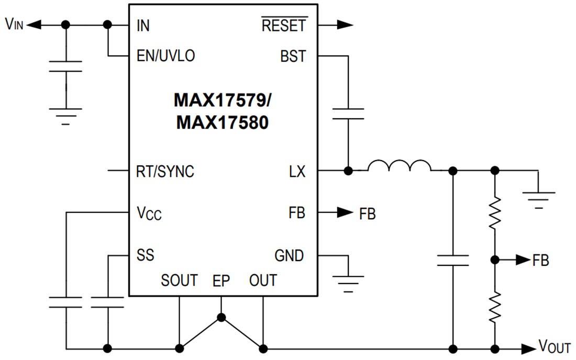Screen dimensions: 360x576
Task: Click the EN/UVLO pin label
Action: pyautogui.click(x=165, y=56)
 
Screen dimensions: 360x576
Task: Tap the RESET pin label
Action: pyautogui.click(x=284, y=25)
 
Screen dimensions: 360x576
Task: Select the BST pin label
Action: pyautogui.click(x=293, y=56)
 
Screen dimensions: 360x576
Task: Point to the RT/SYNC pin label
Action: pyautogui.click(x=164, y=171)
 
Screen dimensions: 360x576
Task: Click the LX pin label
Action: pyautogui.click(x=296, y=171)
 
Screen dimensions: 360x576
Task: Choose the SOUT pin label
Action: pyautogui.click(x=179, y=280)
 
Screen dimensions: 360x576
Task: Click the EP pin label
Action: pyautogui.click(x=221, y=280)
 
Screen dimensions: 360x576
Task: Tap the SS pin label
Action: pyautogui.click(x=145, y=255)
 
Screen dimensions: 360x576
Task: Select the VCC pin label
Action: pyautogui.click(x=149, y=214)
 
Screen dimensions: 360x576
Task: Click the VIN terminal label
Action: pyautogui.click(x=14, y=25)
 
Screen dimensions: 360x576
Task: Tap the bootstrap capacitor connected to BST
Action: pyautogui.click(x=347, y=114)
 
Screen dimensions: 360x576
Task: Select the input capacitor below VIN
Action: pyautogui.click(x=65, y=66)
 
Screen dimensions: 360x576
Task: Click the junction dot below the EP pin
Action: pyautogui.click(x=221, y=317)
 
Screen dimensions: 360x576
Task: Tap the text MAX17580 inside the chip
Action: pyautogui.click(x=223, y=122)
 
